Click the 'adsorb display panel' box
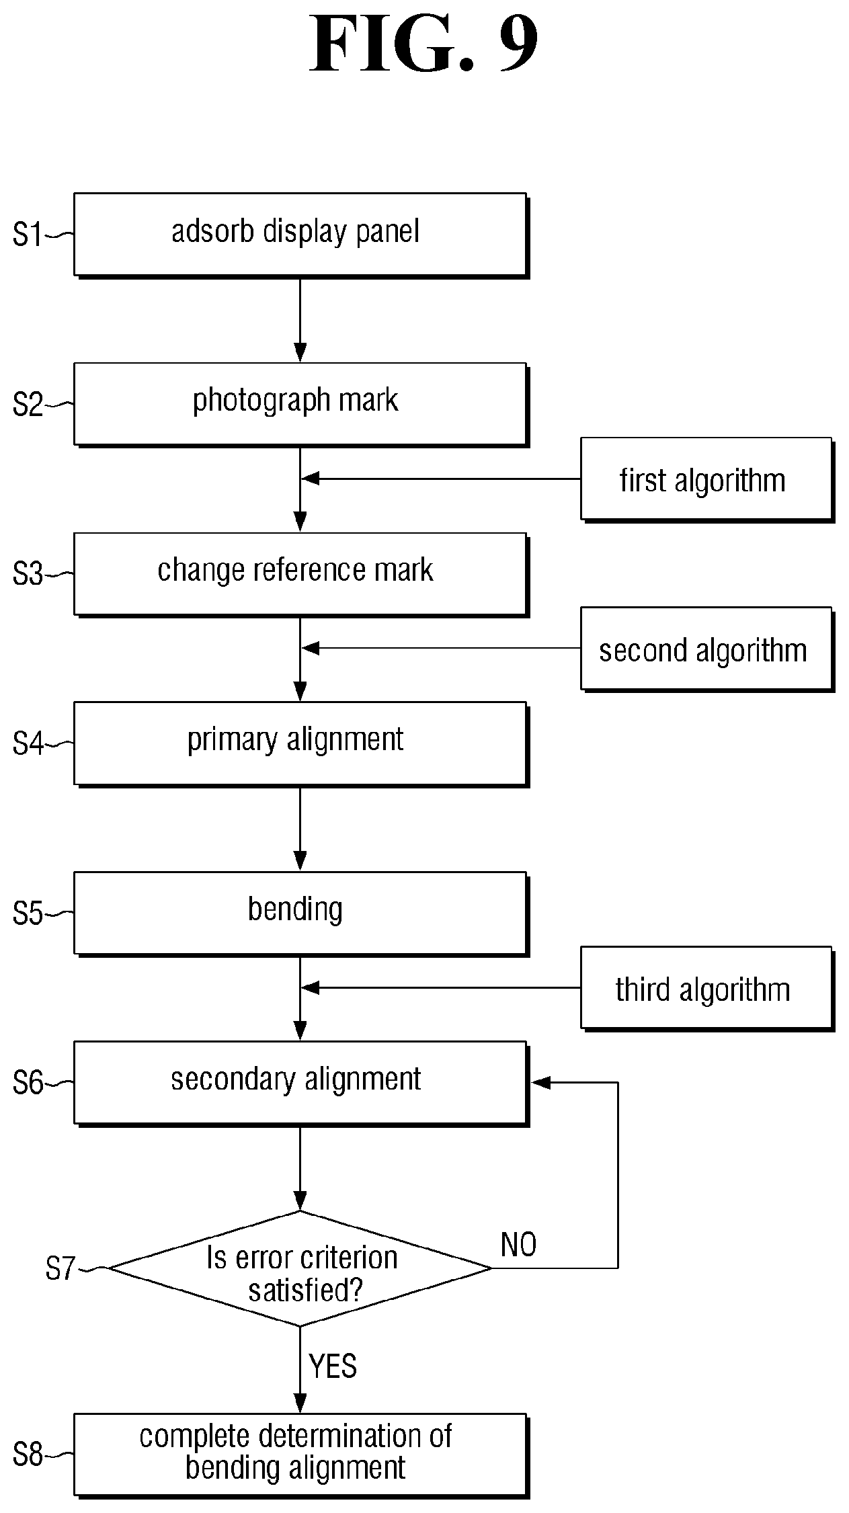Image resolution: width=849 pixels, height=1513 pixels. coord(300,235)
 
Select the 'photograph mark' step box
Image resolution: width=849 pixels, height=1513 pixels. coord(300,405)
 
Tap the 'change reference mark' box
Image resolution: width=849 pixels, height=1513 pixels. coord(300,575)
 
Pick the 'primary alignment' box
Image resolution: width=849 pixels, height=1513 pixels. coord(300,744)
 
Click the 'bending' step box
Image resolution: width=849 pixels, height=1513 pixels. coord(300,914)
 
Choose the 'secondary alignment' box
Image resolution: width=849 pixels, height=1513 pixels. coord(300,1083)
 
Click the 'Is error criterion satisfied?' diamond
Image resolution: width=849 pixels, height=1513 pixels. coord(300,1268)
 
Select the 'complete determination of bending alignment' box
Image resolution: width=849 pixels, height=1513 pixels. coord(300,1456)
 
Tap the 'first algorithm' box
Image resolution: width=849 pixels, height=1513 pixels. coord(707,480)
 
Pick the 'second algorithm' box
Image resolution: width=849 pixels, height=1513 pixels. coord(707,649)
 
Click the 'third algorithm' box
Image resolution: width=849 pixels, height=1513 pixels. coord(707,989)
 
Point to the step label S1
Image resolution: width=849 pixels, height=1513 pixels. coord(28,235)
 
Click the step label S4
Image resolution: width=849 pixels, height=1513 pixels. coord(28,744)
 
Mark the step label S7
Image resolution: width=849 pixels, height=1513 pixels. coord(60,1269)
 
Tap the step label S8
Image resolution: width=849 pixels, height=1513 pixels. coord(28,1456)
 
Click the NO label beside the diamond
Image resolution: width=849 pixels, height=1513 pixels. coord(519,1245)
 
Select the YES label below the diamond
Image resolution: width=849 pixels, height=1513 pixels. coord(333,1366)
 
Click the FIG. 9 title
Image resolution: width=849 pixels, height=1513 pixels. coord(424,44)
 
